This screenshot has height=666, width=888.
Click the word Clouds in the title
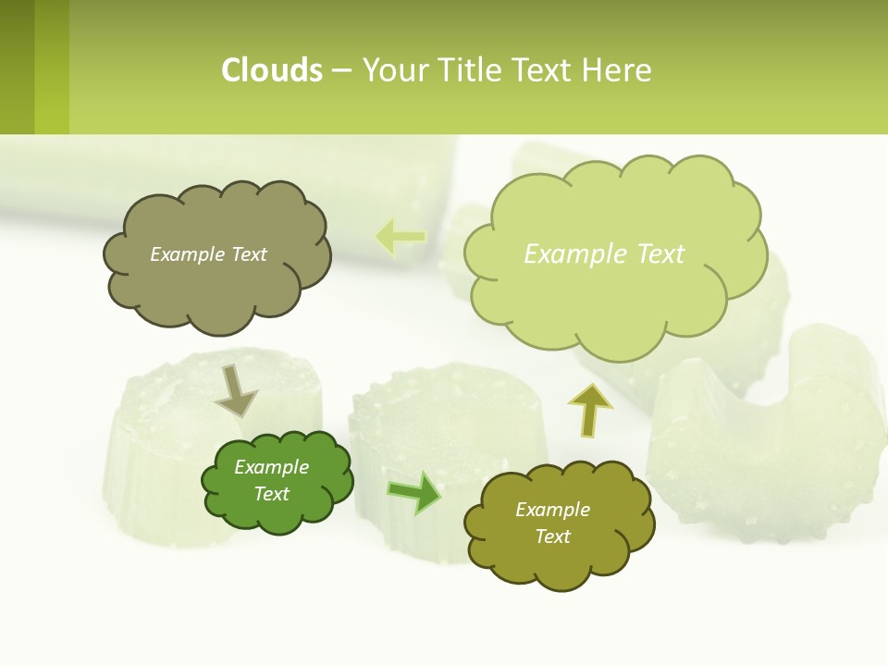pyautogui.click(x=272, y=70)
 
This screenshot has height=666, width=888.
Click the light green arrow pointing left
pyautogui.click(x=401, y=237)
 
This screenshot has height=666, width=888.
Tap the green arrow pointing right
pyautogui.click(x=413, y=493)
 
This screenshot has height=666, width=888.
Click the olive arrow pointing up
pyautogui.click(x=589, y=410)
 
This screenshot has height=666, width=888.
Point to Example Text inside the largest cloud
pyautogui.click(x=604, y=254)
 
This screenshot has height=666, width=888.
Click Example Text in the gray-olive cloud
pyautogui.click(x=208, y=254)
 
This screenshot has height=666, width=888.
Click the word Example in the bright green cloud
pyautogui.click(x=271, y=467)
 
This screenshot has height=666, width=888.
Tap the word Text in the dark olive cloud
pyautogui.click(x=552, y=536)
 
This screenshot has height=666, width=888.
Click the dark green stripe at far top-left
pyautogui.click(x=17, y=67)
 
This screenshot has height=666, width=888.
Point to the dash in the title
pyautogui.click(x=341, y=71)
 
